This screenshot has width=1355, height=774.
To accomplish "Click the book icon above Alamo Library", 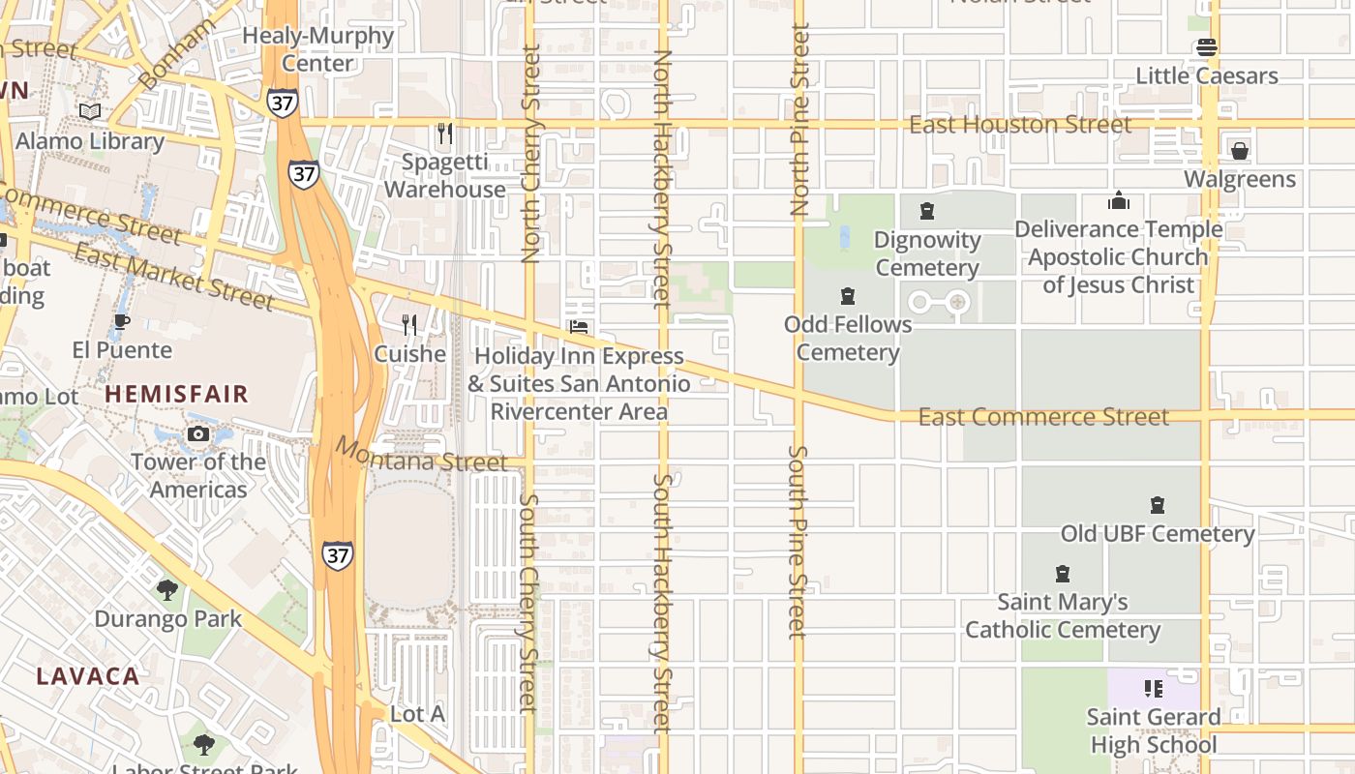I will click(90, 112).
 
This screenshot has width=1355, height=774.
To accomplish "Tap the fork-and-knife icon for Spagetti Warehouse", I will click(445, 133).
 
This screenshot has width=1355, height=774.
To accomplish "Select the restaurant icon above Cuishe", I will click(409, 325).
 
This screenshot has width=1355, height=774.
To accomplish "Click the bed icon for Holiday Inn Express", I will click(579, 327).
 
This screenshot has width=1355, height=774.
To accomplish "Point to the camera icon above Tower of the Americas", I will click(198, 433).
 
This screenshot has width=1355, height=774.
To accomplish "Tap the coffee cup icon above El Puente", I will click(121, 321).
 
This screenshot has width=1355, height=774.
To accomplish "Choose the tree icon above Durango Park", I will click(167, 589).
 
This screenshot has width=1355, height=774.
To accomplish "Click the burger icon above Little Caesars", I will click(1206, 46).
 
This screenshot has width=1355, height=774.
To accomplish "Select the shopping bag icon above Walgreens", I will click(1239, 150).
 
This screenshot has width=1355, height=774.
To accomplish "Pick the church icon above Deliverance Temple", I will click(1119, 200).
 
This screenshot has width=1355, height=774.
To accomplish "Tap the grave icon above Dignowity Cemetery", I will click(927, 211).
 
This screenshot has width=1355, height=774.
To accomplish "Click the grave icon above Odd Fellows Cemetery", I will click(848, 296).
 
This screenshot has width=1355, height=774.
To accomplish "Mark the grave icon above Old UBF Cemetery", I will click(1157, 505).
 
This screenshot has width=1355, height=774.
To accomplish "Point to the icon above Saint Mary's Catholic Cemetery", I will click(1063, 574).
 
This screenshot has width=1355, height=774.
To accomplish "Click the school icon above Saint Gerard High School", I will click(1153, 689).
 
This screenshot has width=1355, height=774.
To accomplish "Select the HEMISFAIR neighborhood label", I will click(177, 394).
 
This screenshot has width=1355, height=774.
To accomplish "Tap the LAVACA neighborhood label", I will click(89, 675).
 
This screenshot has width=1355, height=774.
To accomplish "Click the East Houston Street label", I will click(1020, 125).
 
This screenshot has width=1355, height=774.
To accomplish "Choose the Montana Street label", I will click(421, 454).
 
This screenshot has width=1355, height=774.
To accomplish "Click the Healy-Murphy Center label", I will click(317, 49).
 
